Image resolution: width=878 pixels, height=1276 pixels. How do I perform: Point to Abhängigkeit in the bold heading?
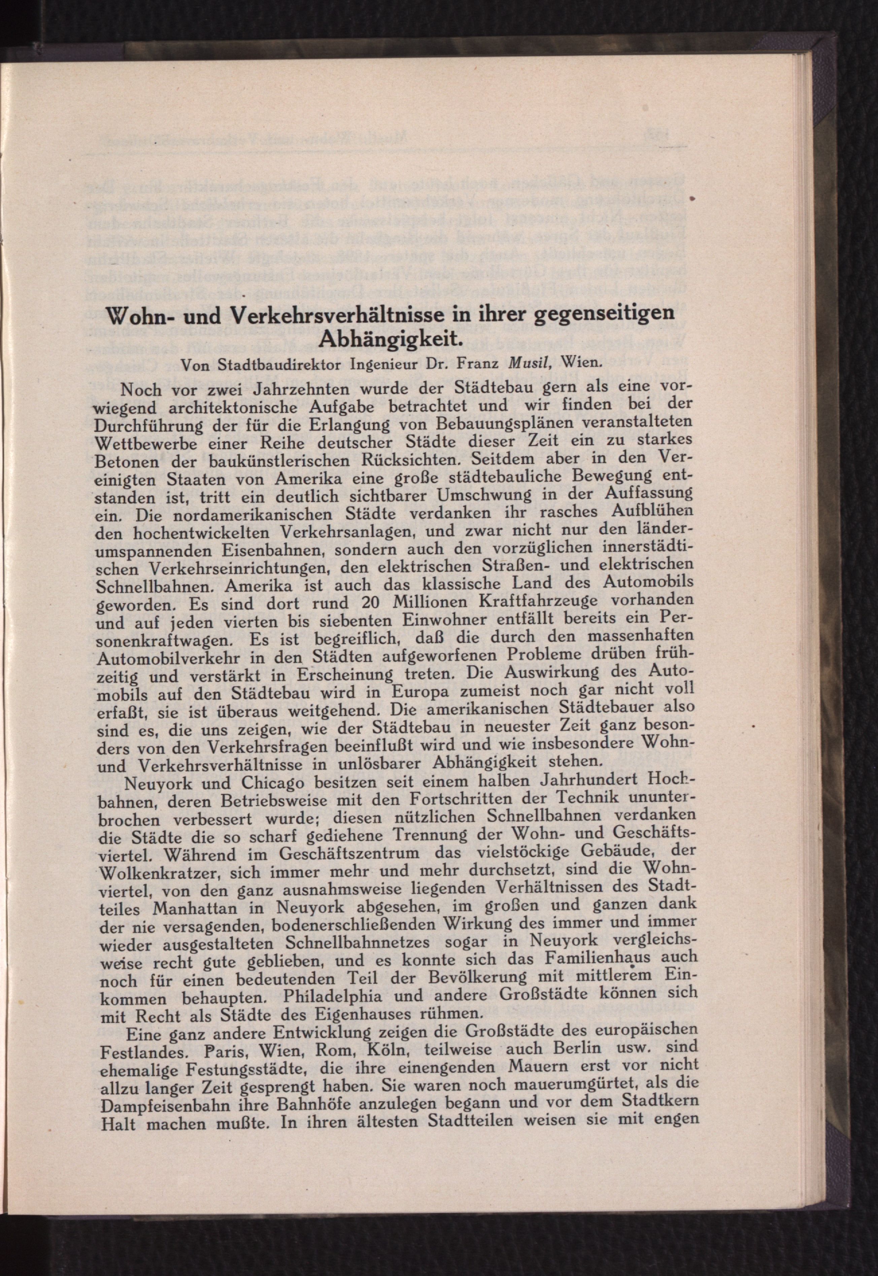(390, 337)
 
